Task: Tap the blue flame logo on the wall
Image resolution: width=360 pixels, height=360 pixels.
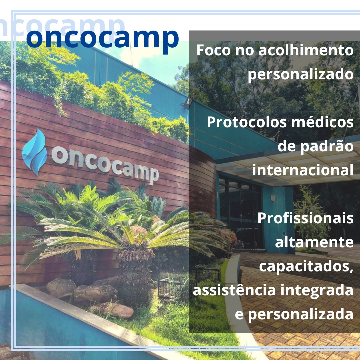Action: (35, 152)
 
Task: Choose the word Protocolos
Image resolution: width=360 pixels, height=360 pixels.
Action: (247, 122)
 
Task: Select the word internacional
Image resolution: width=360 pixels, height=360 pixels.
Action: (303, 170)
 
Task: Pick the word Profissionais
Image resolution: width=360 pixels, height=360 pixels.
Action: (305, 218)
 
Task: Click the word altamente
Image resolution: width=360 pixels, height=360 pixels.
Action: (314, 242)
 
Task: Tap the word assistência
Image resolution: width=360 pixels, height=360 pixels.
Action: (234, 290)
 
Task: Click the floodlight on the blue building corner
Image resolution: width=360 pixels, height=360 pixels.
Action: (188, 103)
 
